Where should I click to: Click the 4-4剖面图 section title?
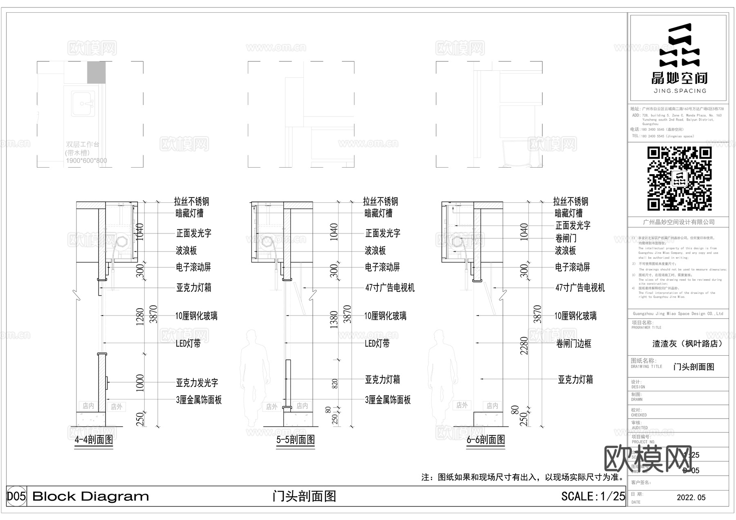click(x=94, y=440)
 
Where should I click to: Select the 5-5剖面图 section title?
click(x=296, y=440)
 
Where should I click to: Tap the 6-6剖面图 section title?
click(x=486, y=440)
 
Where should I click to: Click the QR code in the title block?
click(x=679, y=179)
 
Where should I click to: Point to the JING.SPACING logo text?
click(x=680, y=91)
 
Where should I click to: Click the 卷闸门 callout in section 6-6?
click(x=566, y=238)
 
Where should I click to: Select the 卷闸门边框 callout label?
click(x=574, y=344)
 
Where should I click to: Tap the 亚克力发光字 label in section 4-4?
click(x=197, y=383)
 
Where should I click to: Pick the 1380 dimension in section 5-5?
click(x=334, y=319)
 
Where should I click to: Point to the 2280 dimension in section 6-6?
click(x=524, y=345)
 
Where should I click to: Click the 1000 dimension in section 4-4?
click(x=140, y=383)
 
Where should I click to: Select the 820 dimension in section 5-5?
click(x=335, y=383)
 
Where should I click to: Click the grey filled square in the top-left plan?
click(x=96, y=72)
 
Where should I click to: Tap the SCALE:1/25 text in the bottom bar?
click(x=593, y=496)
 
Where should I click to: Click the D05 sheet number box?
click(x=16, y=496)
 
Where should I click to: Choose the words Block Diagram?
click(x=90, y=496)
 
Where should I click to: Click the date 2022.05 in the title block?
click(x=691, y=498)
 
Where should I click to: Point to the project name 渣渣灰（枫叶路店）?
click(x=687, y=344)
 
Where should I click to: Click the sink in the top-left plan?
click(x=83, y=103)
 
